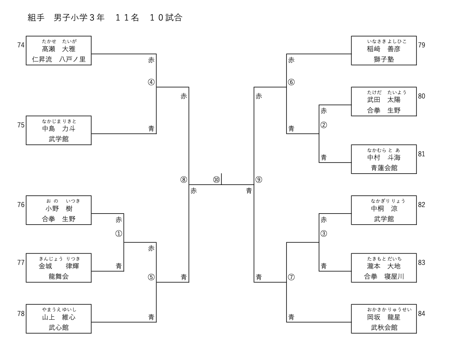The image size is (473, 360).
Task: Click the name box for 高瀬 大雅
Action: [59, 50]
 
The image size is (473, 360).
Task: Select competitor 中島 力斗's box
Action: [59, 130]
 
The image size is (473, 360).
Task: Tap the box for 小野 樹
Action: [59, 210]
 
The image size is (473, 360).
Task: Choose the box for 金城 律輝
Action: [59, 268]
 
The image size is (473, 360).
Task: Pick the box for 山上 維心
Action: [59, 319]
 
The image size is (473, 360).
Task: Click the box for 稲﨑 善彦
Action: [384, 50]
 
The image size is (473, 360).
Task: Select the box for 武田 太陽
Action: [384, 101]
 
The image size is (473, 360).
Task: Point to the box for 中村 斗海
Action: [384, 159]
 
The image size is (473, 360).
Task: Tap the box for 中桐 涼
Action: [384, 210]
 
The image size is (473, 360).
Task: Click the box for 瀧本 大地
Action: [384, 268]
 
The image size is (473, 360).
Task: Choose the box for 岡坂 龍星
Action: [384, 319]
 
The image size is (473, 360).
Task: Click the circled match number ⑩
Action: [216, 180]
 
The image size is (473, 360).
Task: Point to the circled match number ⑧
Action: [184, 180]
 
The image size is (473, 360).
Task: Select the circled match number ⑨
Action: [259, 180]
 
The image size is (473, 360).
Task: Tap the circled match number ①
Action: [119, 234]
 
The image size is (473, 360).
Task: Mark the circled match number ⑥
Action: [291, 82]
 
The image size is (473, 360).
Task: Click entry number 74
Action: [21, 45]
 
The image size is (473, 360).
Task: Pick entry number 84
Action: [422, 314]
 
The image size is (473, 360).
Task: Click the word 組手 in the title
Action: [36, 18]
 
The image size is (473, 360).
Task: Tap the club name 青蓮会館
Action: [384, 168]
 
